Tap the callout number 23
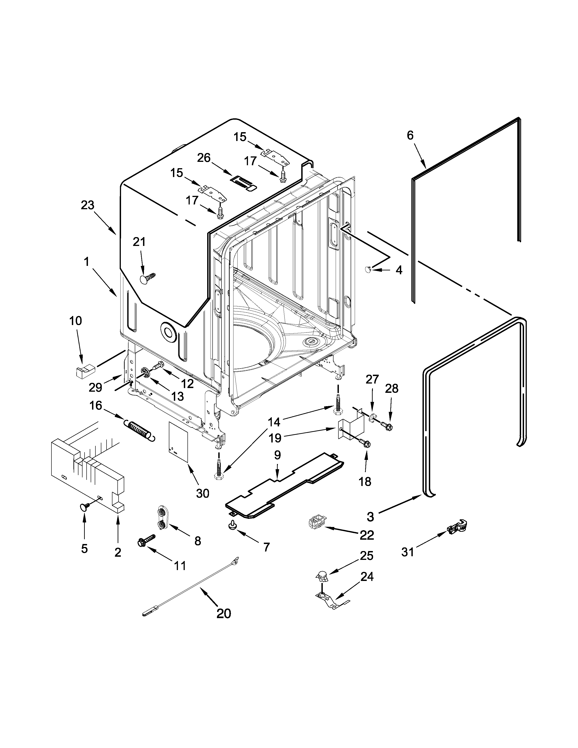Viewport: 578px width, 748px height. [x=88, y=206]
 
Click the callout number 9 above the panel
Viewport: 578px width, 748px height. [x=277, y=455]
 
